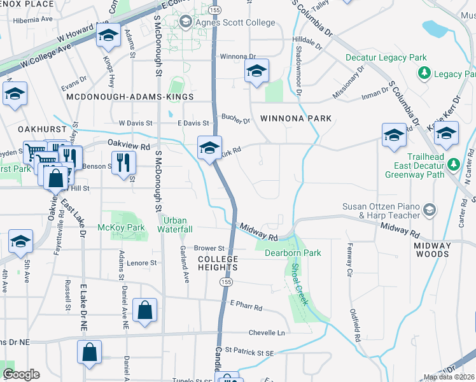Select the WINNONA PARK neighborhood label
(296, 118)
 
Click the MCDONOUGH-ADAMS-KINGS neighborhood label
(130, 96)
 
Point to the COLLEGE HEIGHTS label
(218, 263)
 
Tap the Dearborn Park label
(293, 253)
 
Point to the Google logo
(20, 374)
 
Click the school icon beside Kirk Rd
(209, 148)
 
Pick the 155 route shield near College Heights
(226, 281)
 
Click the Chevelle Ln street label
(266, 332)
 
